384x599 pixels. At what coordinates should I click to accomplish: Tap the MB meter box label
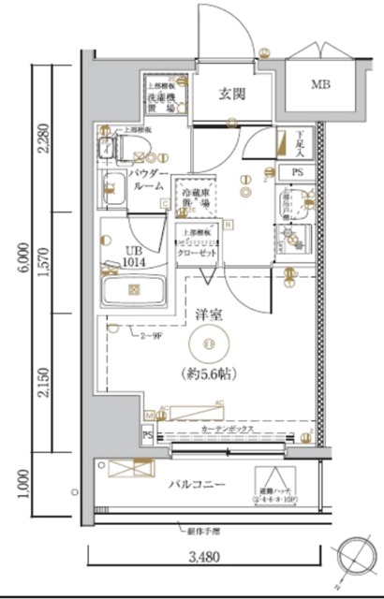click(322, 84)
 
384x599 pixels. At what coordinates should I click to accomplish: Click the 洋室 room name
click(207, 316)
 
